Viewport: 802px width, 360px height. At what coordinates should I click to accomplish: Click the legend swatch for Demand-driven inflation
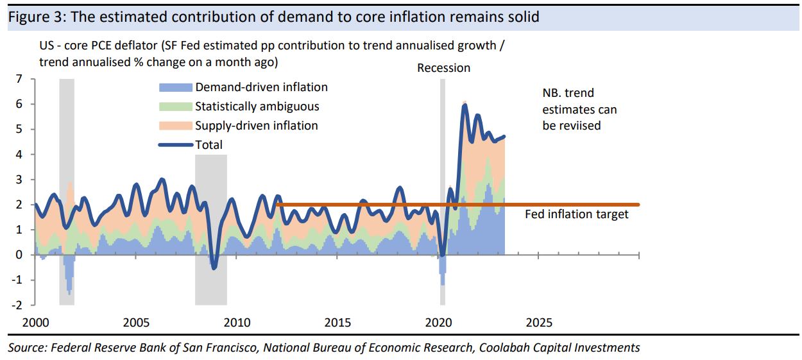175,87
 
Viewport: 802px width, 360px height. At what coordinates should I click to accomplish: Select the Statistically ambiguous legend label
257,107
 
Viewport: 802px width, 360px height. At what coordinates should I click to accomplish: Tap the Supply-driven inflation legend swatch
175,126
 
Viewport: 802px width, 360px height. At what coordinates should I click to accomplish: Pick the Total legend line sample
175,145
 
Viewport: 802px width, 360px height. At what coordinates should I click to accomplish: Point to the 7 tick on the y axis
19,79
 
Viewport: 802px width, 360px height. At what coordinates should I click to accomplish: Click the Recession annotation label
443,68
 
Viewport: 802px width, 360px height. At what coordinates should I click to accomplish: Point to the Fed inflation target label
577,214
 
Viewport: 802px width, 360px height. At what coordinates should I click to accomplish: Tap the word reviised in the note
579,126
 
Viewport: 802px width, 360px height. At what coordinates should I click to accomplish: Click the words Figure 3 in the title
34,17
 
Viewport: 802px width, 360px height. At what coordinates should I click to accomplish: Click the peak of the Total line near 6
464,104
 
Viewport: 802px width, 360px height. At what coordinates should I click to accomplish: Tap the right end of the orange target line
638,205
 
